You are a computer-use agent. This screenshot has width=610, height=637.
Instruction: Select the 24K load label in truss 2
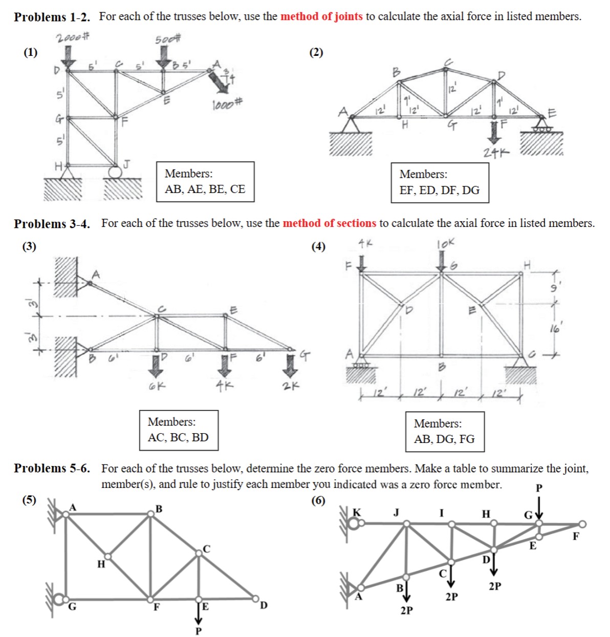(496, 153)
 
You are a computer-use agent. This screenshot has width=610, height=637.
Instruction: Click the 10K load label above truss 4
(445, 244)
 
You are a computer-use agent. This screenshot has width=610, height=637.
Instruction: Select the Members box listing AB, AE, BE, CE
(205, 182)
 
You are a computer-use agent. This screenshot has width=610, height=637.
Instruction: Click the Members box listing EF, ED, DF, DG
(440, 183)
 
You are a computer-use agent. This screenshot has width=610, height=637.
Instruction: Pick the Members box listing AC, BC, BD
(179, 430)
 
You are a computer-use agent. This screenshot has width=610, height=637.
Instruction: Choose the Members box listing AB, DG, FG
(444, 432)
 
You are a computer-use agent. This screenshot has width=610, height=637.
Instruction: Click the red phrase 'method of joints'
(321, 16)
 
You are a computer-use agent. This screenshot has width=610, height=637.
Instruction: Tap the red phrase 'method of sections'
(329, 223)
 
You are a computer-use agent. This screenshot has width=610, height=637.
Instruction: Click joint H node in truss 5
(107, 556)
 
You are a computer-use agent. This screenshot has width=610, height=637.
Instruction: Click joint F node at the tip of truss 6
(582, 524)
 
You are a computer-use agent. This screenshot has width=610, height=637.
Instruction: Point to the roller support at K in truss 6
(355, 523)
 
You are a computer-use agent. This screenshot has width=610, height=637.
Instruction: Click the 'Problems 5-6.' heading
(52, 469)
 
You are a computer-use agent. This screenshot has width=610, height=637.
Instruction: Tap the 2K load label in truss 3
(290, 386)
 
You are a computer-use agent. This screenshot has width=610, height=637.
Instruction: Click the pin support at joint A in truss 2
(352, 124)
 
